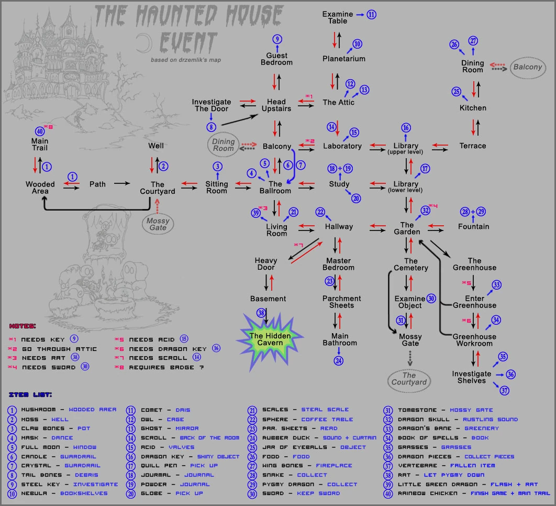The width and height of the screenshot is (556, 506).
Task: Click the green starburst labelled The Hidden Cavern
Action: tap(270, 340)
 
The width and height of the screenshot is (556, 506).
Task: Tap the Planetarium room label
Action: tap(343, 59)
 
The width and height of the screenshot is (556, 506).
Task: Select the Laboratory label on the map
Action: tap(342, 146)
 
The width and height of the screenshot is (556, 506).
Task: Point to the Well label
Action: tap(156, 146)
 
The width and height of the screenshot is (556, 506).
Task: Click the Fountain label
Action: tap(473, 226)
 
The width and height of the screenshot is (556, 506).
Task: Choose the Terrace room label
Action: tap(473, 146)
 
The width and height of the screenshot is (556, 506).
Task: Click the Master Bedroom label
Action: tap(338, 265)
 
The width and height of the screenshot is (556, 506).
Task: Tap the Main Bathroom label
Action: tap(340, 339)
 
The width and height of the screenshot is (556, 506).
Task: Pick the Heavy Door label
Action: tap(266, 264)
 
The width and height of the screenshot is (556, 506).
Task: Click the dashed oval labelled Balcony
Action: tap(528, 68)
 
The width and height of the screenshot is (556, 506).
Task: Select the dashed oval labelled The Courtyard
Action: tap(409, 381)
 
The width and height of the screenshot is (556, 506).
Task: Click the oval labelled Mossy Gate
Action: tap(158, 224)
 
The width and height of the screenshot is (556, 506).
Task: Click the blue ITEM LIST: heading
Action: tap(30, 395)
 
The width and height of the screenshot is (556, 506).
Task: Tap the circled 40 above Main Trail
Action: tap(40, 131)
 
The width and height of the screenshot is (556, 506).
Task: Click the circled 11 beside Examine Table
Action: tap(371, 15)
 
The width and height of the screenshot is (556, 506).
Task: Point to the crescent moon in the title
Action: tap(144, 43)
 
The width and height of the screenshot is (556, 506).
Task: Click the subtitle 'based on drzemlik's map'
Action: tap(186, 60)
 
